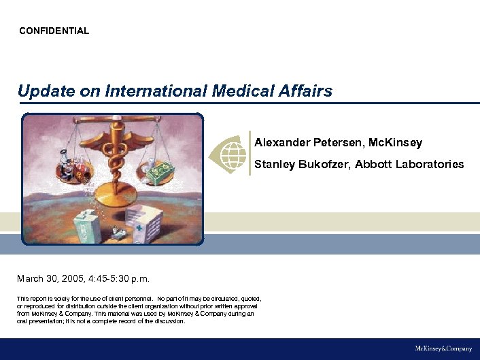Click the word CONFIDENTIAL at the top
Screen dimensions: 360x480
coord(54,31)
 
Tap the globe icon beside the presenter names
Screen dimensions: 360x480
coord(228,152)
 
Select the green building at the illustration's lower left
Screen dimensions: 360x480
coord(88,225)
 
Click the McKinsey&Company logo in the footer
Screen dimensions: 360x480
coord(443,348)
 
